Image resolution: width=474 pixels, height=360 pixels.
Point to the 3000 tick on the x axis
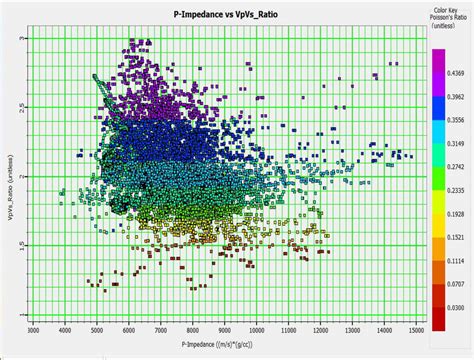33,327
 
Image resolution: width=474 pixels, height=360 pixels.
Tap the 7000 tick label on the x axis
161,327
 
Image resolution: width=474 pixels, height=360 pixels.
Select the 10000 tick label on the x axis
257,327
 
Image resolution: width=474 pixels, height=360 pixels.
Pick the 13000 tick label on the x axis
352,327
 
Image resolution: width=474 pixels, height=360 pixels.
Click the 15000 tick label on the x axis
416,327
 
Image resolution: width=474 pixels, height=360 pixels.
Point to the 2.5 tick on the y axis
22,106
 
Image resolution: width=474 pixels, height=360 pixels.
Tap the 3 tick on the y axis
24,37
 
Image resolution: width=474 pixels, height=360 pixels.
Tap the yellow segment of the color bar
437,228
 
